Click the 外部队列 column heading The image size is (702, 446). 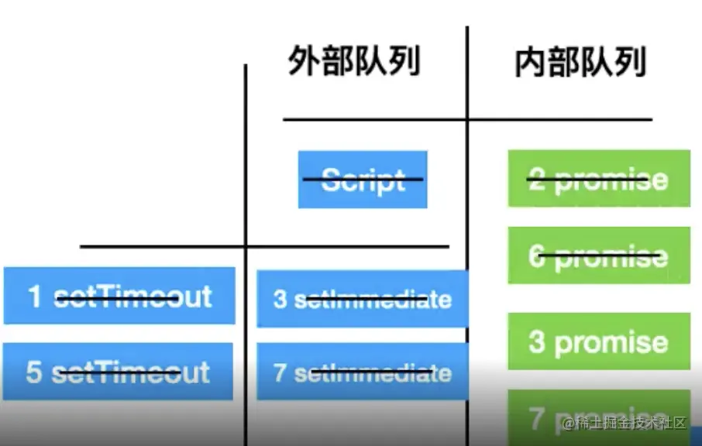tap(354, 61)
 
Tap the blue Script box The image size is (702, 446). tap(363, 180)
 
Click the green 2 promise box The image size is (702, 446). tap(599, 179)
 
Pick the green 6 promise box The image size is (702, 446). tap(599, 256)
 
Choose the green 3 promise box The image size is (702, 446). tap(599, 341)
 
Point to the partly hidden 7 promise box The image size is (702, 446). tap(599, 418)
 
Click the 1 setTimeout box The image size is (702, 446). tap(119, 296)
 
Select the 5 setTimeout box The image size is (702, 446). tap(118, 372)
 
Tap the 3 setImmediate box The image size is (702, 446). tap(362, 299)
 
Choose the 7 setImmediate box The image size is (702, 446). tap(362, 372)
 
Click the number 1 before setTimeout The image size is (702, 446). tap(35, 296)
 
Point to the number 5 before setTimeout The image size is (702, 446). tap(34, 372)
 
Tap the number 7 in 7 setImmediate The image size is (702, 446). tap(280, 372)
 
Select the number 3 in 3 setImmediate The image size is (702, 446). tap(280, 300)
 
